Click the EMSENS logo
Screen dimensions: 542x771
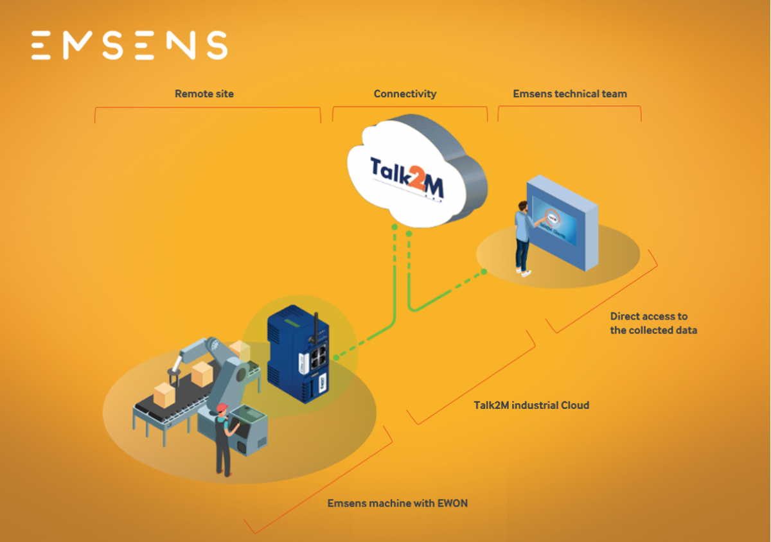tap(129, 46)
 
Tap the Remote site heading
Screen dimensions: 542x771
tap(204, 94)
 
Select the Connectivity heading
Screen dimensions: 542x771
tap(405, 94)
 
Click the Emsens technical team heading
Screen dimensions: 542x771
tap(569, 94)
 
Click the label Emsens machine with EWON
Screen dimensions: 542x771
tap(397, 503)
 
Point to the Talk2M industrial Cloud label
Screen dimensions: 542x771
tap(531, 405)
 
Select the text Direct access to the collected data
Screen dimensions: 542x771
tap(653, 323)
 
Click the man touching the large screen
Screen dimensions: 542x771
tap(522, 238)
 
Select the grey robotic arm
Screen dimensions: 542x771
tap(218, 366)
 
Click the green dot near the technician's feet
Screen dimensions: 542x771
tap(484, 272)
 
